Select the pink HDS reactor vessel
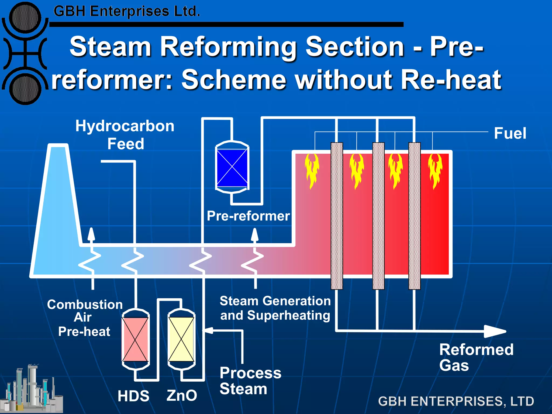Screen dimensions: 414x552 click(x=135, y=339)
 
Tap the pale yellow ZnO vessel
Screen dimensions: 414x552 click(x=181, y=339)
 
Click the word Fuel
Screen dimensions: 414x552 click(x=510, y=133)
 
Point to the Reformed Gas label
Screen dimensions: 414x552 click(x=476, y=357)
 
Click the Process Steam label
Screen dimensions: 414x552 click(x=250, y=381)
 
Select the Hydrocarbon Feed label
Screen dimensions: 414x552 click(x=125, y=135)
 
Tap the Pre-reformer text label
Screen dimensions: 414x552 click(x=248, y=216)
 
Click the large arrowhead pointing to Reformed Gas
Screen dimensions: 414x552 click(x=494, y=331)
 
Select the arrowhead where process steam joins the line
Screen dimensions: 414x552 click(x=208, y=330)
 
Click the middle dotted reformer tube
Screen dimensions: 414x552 click(x=378, y=216)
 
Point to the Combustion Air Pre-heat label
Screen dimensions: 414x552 click(x=85, y=318)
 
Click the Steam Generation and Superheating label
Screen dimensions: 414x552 click(x=275, y=308)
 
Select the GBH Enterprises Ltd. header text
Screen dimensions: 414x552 click(x=127, y=12)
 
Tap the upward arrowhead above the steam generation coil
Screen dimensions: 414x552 click(x=255, y=234)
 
